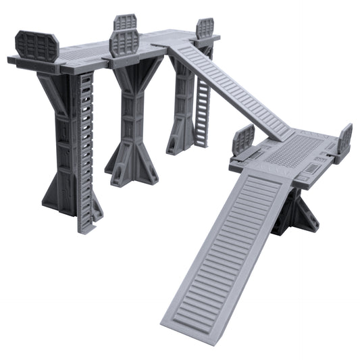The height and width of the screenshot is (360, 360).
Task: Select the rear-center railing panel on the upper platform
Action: (x=126, y=24)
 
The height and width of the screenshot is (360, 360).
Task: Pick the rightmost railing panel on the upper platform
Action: (x=205, y=28)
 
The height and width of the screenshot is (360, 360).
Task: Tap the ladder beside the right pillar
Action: (x=203, y=101)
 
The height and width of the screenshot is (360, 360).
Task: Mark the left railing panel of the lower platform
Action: (x=243, y=140)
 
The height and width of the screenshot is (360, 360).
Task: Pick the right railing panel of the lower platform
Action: (x=345, y=138)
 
